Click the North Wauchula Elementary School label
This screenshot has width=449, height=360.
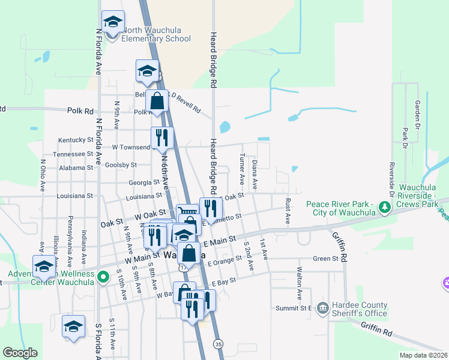pos(156,35)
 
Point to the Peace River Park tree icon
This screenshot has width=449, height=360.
pos(385,208)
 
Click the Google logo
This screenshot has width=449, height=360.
pos(19,353)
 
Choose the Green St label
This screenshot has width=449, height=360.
pos(326,259)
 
